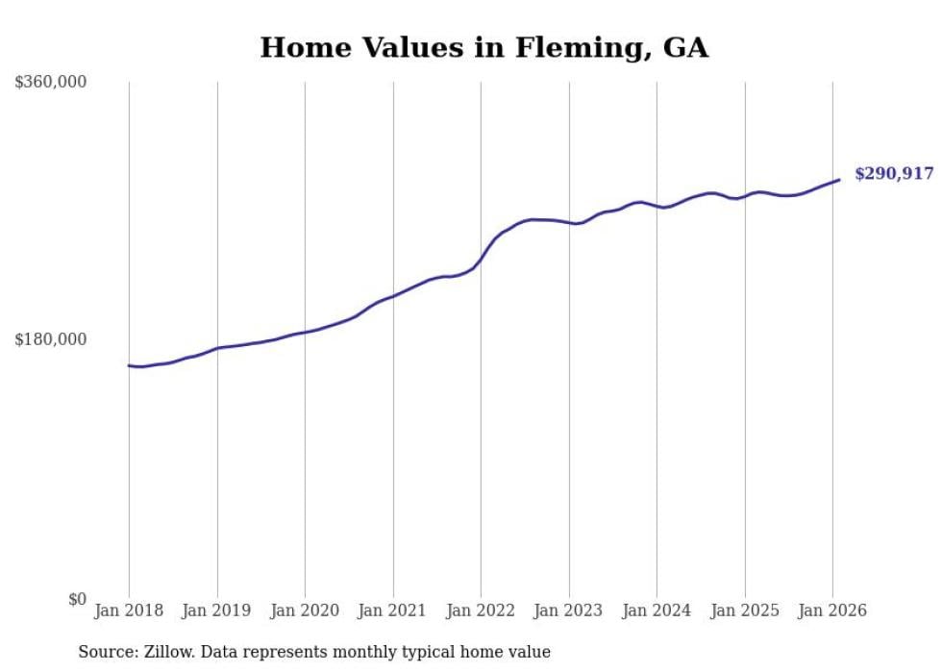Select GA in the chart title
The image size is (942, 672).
(x=686, y=48)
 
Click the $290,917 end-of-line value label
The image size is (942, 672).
(x=894, y=174)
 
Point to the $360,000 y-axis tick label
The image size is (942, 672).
(x=51, y=83)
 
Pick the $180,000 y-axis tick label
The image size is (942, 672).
(x=51, y=339)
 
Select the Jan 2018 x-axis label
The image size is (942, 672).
(x=129, y=611)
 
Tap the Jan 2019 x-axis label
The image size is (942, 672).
(x=217, y=611)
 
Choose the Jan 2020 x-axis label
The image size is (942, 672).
(x=305, y=611)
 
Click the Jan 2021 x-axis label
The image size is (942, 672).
(x=393, y=611)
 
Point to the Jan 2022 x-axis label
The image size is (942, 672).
(x=481, y=611)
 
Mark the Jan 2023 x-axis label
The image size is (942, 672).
(x=569, y=611)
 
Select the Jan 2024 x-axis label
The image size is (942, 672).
(x=657, y=611)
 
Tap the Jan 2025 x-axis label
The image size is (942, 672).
(x=745, y=611)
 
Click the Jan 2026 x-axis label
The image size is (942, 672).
(x=832, y=611)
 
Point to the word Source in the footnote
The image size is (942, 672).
(x=106, y=652)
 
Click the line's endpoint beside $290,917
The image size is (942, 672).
(x=839, y=180)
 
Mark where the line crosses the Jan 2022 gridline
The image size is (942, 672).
(x=481, y=258)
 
